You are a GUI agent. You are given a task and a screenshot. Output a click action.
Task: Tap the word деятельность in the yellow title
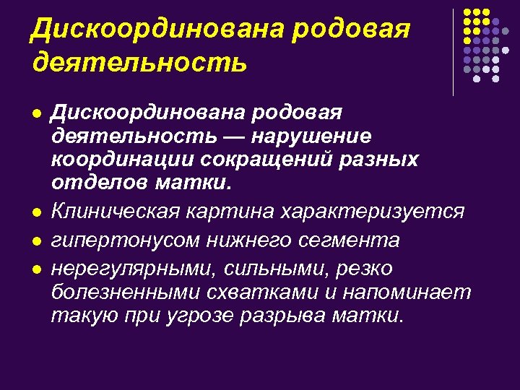coord(139,62)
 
